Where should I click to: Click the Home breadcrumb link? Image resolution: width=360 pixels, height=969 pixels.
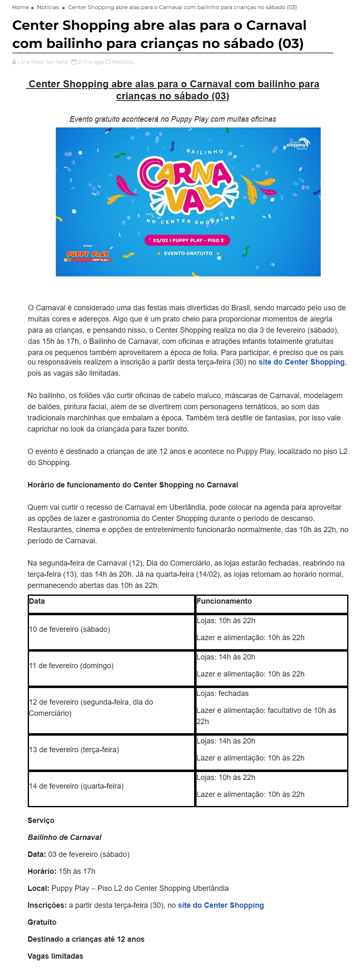pos(20,7)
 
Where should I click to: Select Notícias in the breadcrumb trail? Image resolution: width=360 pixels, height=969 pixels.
pos(48,7)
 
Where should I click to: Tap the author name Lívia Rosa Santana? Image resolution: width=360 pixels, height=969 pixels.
pos(42,62)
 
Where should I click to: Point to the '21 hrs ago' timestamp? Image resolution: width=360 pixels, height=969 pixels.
pos(91,62)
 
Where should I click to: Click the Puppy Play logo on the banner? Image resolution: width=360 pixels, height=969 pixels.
pos(88,254)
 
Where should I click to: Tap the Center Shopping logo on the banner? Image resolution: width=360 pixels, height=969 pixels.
pos(298,144)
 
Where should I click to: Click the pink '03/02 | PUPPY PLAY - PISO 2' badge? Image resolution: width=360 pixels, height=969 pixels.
pos(187,240)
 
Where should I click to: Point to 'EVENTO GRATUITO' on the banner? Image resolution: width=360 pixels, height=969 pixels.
pos(188,253)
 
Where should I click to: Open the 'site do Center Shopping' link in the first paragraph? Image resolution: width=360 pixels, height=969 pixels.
pos(301,362)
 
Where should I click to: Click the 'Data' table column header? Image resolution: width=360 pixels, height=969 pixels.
pos(37,601)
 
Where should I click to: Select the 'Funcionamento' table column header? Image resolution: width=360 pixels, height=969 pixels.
pos(224,601)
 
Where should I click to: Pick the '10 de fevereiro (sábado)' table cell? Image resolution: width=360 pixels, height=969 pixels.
pos(70,629)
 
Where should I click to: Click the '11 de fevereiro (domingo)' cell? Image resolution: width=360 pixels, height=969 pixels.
pos(71,666)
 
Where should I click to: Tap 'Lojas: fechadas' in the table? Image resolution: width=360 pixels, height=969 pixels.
pos(222,693)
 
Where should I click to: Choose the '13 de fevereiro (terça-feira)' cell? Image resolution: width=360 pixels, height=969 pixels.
pos(74,750)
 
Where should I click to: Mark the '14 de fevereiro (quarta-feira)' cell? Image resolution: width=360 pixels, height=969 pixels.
pos(77,786)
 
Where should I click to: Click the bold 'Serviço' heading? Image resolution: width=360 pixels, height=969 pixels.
pos(41,820)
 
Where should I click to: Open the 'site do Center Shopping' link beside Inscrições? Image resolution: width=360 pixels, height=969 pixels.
pos(221,905)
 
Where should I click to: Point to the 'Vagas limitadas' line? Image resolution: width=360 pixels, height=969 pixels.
pos(55,956)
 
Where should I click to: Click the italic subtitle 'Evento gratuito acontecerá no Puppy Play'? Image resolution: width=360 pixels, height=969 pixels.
pos(173,119)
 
